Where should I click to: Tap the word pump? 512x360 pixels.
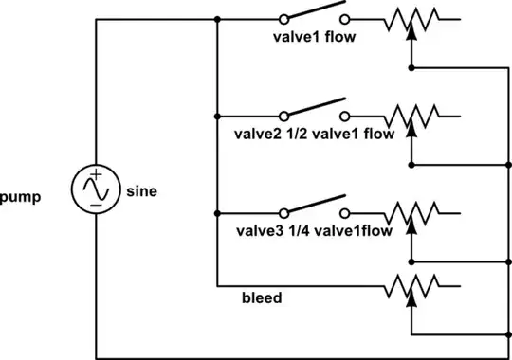point(21,201)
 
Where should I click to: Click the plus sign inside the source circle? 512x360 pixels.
point(97,176)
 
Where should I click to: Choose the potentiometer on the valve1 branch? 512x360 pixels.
point(411,19)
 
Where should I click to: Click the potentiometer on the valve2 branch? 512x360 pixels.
point(411,116)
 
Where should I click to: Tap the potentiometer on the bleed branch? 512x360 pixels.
point(411,283)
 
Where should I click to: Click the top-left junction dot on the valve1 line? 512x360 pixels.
point(217,19)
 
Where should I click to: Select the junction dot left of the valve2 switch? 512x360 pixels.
point(217,116)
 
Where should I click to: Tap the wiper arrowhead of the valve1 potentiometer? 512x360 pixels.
point(411,31)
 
